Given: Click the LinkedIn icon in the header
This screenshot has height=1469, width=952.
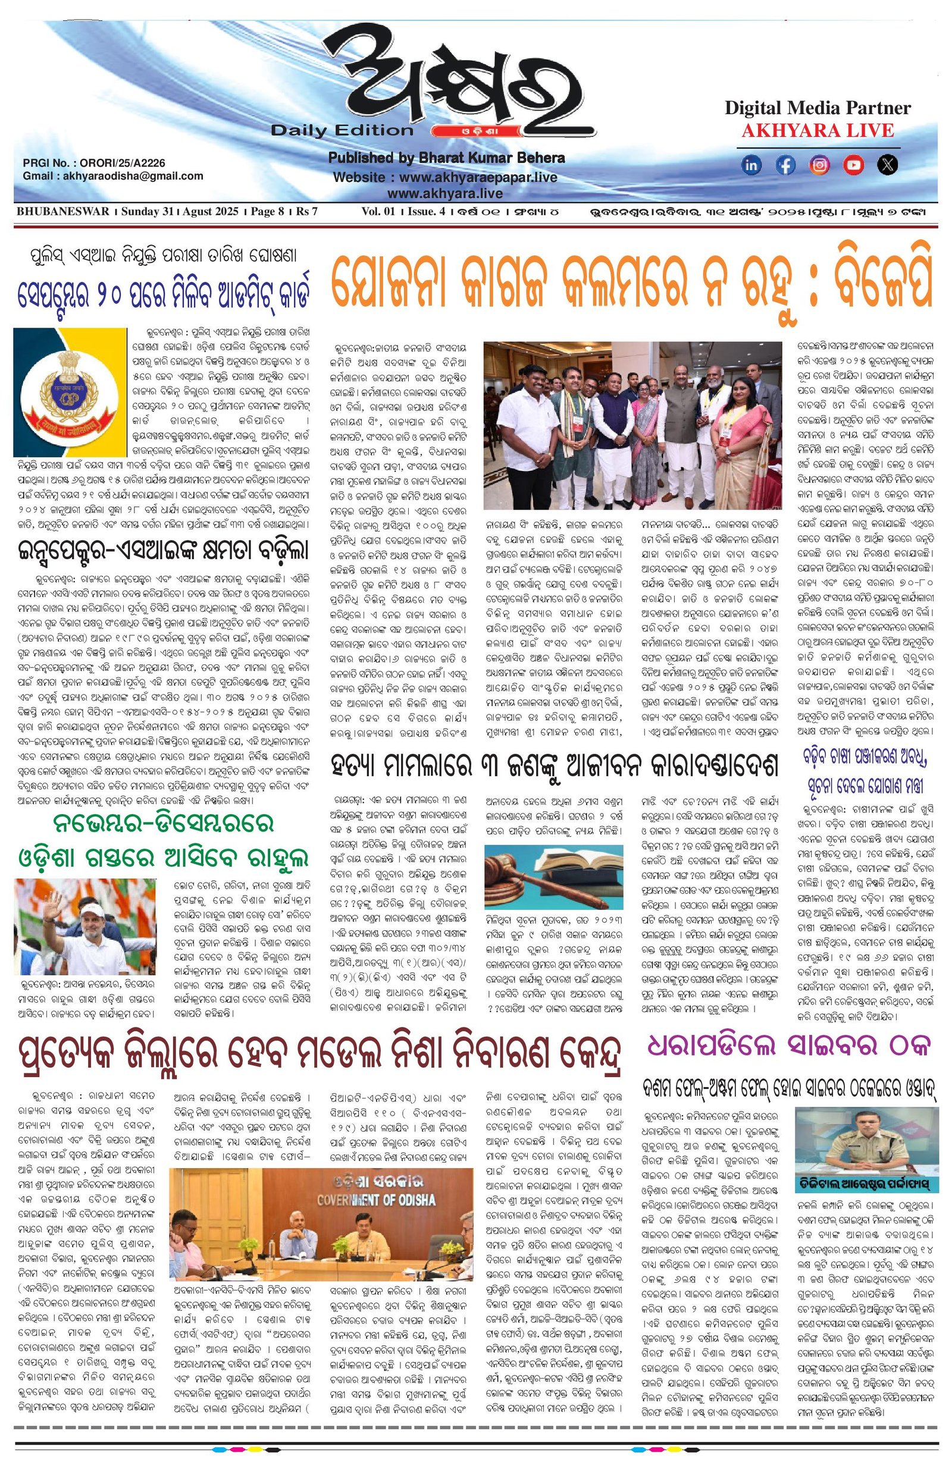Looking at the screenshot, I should (x=751, y=165).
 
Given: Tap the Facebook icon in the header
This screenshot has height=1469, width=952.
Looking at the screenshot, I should (x=785, y=165).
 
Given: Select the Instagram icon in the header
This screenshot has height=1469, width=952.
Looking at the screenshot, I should (x=819, y=165).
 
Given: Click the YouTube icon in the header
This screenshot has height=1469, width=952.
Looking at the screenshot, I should (x=853, y=165).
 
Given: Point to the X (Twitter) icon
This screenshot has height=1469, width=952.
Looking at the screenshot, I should (x=887, y=165).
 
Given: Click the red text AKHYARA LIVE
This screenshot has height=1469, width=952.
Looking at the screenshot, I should (x=818, y=131).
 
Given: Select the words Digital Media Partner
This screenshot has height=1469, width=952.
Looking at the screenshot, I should (x=818, y=108).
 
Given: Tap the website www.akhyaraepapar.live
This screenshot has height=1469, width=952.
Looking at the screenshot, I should (x=478, y=178).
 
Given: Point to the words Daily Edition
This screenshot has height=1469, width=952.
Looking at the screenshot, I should (x=342, y=130).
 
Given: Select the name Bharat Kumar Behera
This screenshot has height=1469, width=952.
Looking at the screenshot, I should (x=491, y=158).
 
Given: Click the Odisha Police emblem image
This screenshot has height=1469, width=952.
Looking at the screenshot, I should (x=70, y=391).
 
